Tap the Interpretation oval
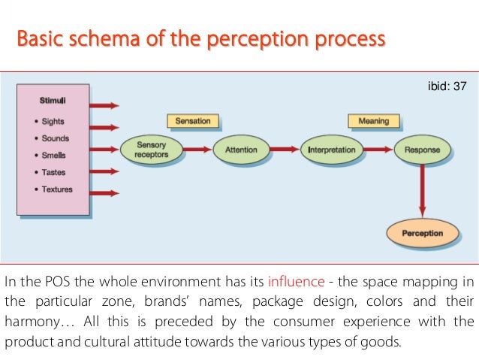click(331, 150)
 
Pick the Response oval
click(422, 150)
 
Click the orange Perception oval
click(422, 233)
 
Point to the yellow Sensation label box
click(193, 120)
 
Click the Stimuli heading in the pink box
click(53, 100)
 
